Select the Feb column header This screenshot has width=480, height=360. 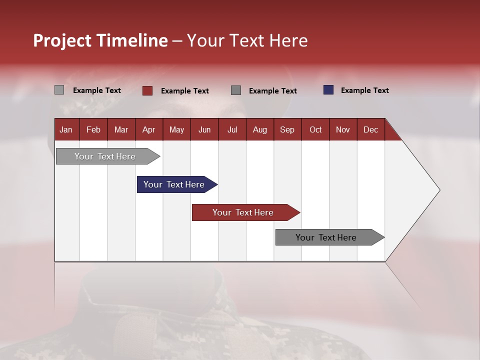click(x=93, y=129)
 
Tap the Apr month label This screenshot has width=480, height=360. click(x=149, y=129)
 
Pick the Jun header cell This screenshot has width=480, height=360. click(x=204, y=129)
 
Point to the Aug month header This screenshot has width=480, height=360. click(x=260, y=129)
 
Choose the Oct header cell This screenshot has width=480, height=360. click(x=315, y=129)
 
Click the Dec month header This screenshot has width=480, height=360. click(x=370, y=129)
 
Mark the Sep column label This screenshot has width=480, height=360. click(x=287, y=129)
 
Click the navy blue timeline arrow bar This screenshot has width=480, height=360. click(x=177, y=184)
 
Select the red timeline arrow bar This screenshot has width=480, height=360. click(x=246, y=212)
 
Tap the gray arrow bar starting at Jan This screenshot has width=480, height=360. click(x=108, y=156)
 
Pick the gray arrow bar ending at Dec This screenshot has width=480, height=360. click(x=330, y=237)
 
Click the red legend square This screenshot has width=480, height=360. click(x=147, y=90)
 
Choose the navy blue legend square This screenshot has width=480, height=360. click(x=328, y=89)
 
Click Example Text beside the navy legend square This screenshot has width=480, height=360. click(x=365, y=90)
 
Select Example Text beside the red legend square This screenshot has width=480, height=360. click(x=185, y=91)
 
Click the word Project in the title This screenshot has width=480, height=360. click(x=62, y=40)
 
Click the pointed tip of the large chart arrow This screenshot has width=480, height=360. click(x=440, y=190)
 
